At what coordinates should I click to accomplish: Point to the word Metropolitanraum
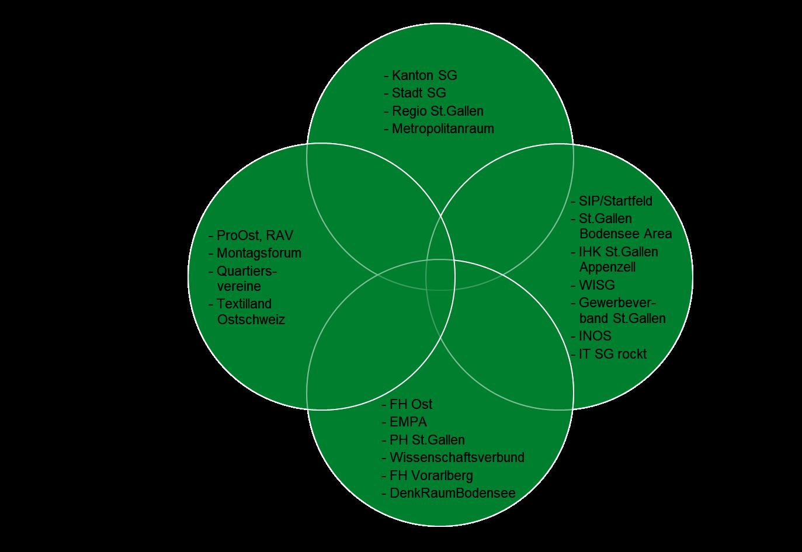[x=443, y=129]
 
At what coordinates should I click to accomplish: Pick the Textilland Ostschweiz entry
[x=251, y=311]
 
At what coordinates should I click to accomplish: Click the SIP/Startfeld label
[x=615, y=201]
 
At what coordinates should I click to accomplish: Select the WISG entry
[x=596, y=285]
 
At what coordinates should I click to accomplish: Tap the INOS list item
[x=595, y=336]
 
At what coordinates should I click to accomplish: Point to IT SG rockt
[x=612, y=354]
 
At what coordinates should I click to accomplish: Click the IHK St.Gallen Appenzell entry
[x=618, y=259]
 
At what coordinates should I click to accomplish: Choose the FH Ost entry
[x=411, y=404]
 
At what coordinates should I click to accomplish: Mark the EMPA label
[x=408, y=422]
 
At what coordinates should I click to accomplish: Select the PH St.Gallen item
[x=427, y=440]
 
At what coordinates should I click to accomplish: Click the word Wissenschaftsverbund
[x=457, y=457]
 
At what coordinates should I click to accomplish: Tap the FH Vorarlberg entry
[x=431, y=475]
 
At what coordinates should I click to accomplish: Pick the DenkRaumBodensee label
[x=452, y=493]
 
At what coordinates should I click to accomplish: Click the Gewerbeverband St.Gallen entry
[x=622, y=311]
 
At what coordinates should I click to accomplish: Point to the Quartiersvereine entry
[x=246, y=279]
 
